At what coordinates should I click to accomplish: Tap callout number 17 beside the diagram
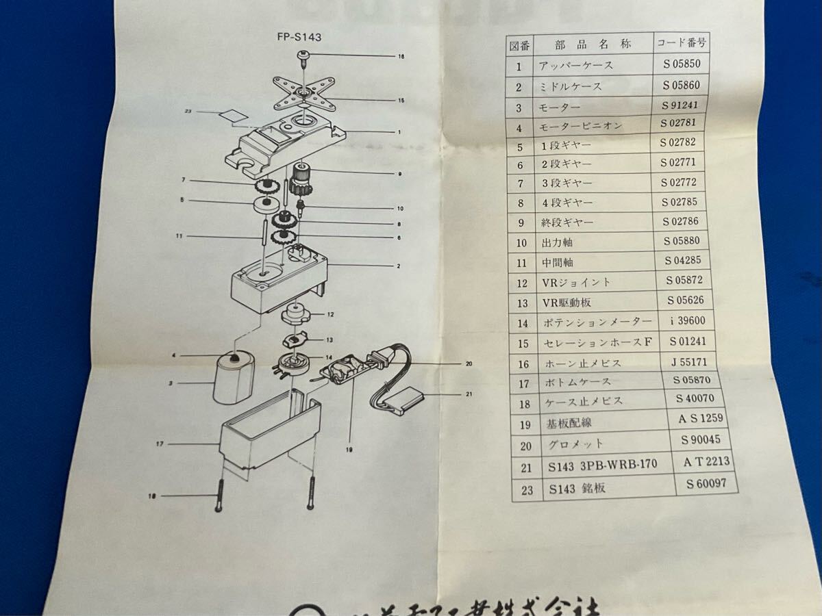click(x=159, y=444)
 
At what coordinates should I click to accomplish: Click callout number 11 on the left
click(x=179, y=236)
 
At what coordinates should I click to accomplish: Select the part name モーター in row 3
click(x=560, y=107)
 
